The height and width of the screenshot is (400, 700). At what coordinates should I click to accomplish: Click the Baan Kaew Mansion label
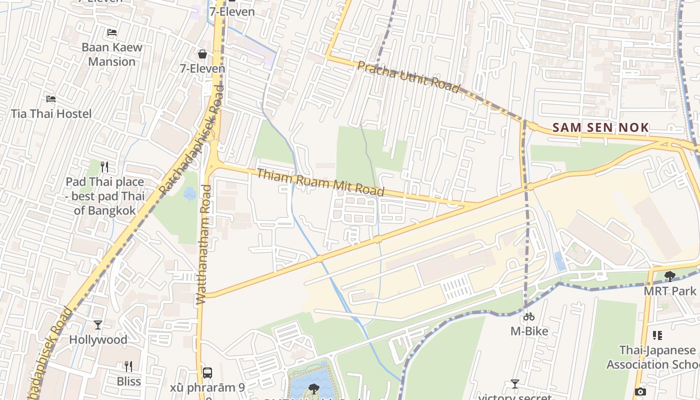[x=111, y=54]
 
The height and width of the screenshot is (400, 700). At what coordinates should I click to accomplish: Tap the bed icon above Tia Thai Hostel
[x=50, y=99]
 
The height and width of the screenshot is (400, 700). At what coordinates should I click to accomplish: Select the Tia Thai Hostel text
[x=51, y=113]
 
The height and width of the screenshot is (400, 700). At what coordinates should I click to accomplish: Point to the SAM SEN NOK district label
[x=600, y=127]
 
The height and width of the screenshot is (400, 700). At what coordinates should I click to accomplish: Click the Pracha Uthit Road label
[x=408, y=77]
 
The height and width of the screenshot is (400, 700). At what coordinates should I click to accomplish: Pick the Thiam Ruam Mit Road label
[x=320, y=182]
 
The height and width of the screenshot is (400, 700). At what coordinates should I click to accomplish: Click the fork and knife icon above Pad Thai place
[x=104, y=166]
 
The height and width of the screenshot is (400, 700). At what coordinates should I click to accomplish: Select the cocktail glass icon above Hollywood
[x=98, y=325]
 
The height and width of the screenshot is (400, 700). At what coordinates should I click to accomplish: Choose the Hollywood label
[x=98, y=339]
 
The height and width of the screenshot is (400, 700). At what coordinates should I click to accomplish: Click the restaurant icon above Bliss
[x=128, y=366]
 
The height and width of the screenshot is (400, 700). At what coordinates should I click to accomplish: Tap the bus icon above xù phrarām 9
[x=207, y=372]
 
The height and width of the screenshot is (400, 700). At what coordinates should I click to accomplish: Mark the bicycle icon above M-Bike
[x=529, y=316]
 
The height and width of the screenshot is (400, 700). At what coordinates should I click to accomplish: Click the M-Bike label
[x=529, y=331]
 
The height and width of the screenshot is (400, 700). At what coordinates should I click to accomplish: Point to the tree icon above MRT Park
[x=669, y=276]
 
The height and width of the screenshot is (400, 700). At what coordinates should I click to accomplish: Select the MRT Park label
[x=669, y=290]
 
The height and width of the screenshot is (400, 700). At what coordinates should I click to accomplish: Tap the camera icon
[x=640, y=391]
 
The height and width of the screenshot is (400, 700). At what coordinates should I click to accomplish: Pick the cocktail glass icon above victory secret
[x=514, y=384]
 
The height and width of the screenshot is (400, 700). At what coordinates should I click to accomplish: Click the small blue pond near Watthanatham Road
[x=190, y=193]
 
